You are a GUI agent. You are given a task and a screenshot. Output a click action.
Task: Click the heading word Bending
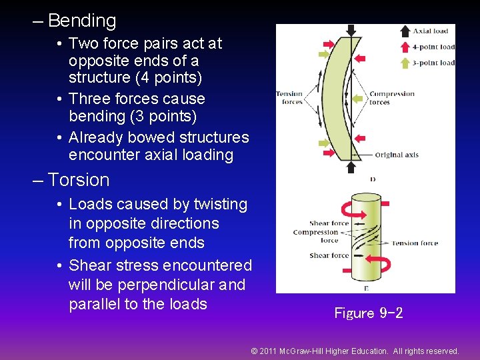tap(81, 21)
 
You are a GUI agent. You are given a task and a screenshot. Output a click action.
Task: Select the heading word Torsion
tap(79, 180)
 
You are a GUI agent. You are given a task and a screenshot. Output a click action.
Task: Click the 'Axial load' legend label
tap(431, 31)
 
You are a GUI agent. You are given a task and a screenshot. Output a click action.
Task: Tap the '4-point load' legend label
tap(433, 47)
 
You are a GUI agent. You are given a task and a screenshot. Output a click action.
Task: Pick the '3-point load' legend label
tap(433, 63)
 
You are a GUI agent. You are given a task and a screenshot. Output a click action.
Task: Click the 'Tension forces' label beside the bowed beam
tap(289, 98)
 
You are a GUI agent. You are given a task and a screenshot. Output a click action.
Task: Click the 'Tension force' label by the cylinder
tap(415, 243)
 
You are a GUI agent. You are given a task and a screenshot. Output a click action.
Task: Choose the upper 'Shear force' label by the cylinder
tap(329, 224)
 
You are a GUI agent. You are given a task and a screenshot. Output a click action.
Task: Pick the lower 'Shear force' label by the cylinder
tap(329, 256)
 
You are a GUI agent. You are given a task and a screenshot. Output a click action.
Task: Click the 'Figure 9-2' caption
tap(369, 313)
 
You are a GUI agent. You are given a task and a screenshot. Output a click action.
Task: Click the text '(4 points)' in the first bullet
tap(169, 77)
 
